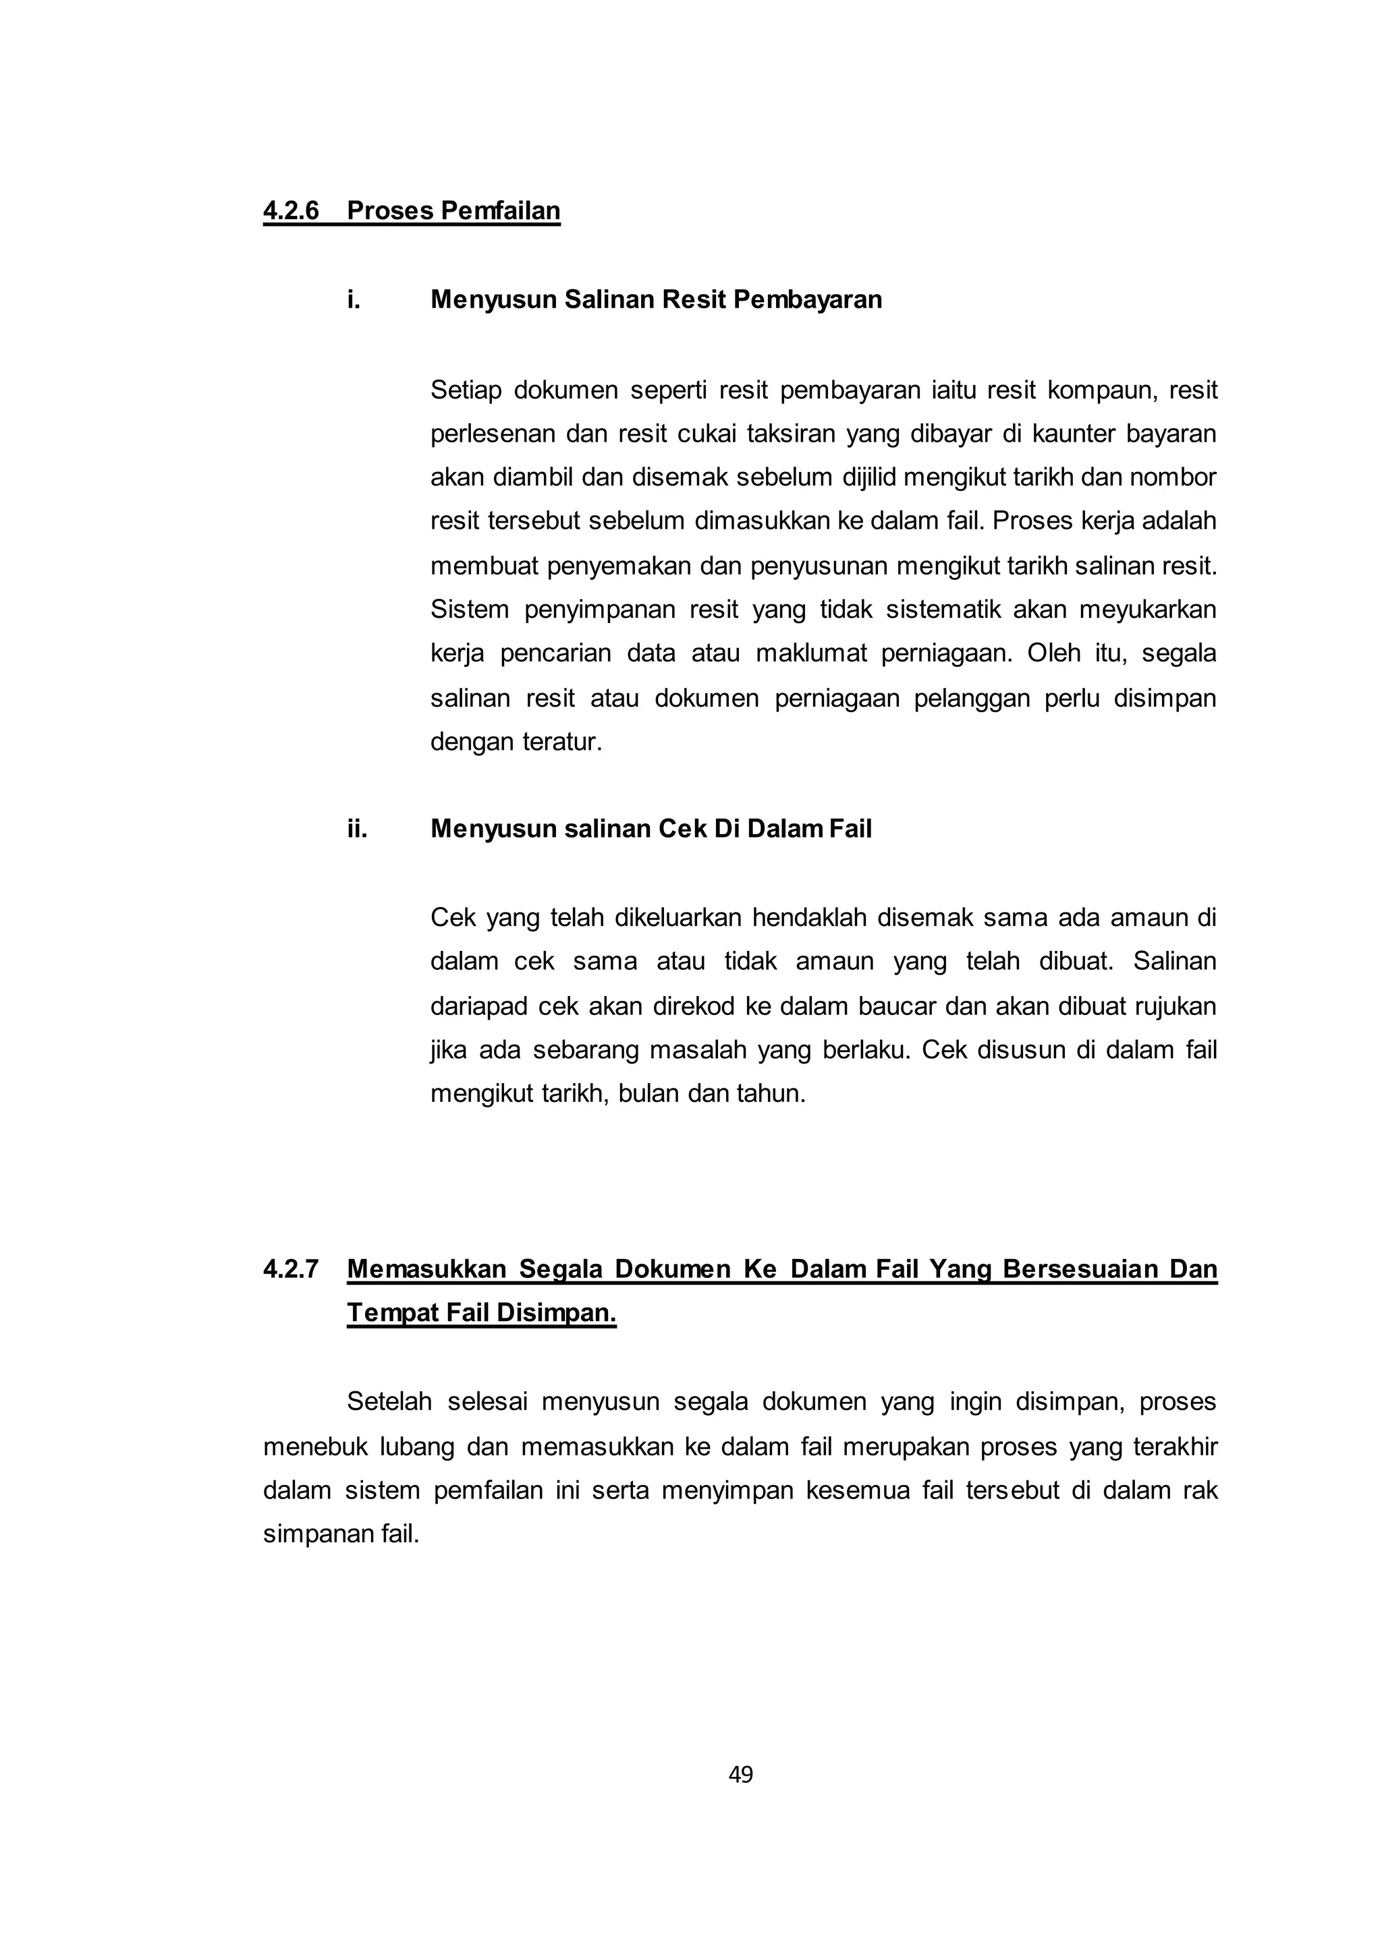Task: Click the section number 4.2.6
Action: point(291,211)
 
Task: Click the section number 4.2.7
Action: point(291,1269)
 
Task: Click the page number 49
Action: point(740,1774)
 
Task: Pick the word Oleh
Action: point(1050,654)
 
